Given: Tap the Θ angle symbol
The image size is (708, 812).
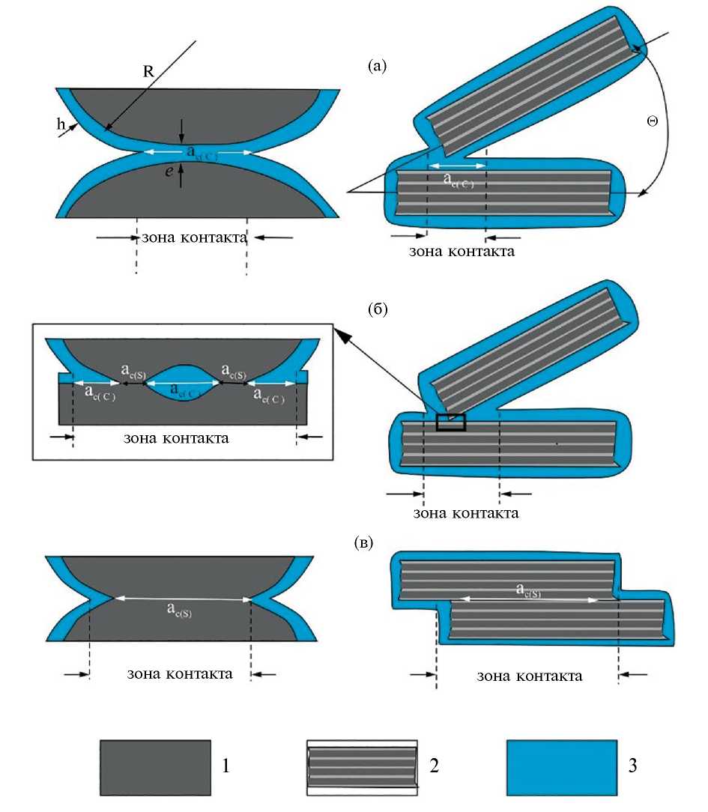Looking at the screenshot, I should click(652, 120).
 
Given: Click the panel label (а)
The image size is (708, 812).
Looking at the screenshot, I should click(378, 67).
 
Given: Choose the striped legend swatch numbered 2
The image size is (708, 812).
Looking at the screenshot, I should click(362, 768).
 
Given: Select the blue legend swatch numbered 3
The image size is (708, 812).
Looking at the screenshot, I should click(562, 767).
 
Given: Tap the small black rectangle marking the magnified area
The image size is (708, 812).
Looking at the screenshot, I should click(450, 422).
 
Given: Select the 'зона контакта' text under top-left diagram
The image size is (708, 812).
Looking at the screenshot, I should click(193, 238).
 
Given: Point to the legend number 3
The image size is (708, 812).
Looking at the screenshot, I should click(638, 767).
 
